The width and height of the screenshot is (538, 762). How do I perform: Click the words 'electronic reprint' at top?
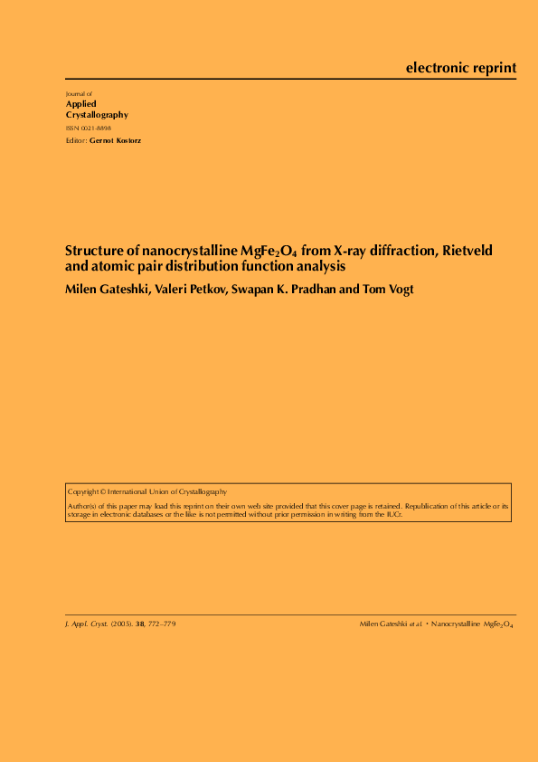click(x=461, y=68)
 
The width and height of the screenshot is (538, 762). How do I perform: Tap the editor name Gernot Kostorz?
click(x=115, y=141)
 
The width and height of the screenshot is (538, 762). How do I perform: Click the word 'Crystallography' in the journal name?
click(x=97, y=115)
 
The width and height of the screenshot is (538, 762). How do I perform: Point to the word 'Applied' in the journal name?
click(x=81, y=104)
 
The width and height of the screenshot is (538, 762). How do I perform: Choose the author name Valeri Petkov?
click(x=189, y=289)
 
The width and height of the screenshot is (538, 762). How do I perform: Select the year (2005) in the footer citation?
click(x=121, y=624)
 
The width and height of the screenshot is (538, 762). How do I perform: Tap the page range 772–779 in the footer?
click(x=161, y=624)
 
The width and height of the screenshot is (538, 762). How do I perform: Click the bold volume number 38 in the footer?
click(x=140, y=624)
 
